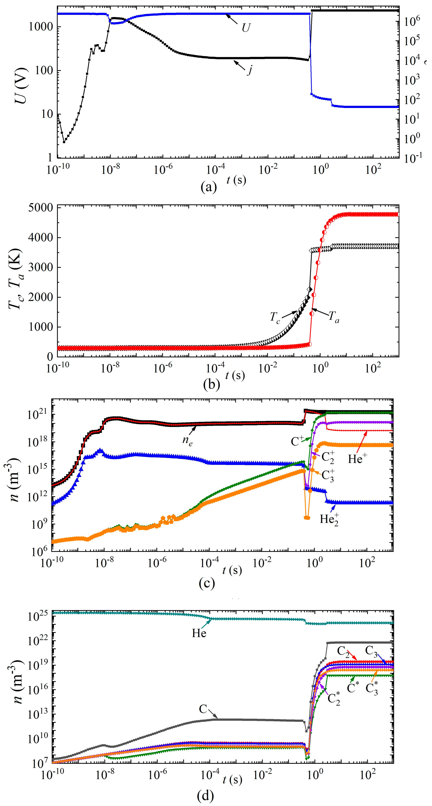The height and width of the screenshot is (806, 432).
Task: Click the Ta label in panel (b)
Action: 334,318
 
